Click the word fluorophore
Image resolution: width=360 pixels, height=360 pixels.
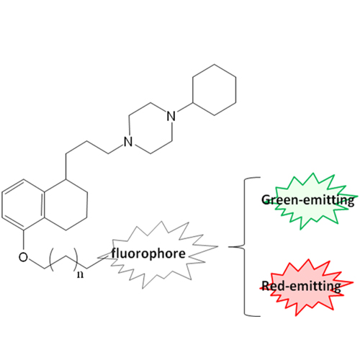point(148,253)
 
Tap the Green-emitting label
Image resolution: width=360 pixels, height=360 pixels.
point(308,200)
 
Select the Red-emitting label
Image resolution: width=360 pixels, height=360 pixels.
point(301,286)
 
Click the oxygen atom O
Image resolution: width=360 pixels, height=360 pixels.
point(23,257)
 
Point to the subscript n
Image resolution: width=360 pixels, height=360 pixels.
point(81,274)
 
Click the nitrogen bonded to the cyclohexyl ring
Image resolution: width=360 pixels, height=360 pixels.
point(171,116)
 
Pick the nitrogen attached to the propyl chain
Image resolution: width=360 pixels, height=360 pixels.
point(128,142)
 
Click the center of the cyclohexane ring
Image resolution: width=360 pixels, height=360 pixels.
point(215,90)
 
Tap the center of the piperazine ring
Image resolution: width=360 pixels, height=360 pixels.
point(150,129)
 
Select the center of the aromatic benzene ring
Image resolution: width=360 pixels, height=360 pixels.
point(23,204)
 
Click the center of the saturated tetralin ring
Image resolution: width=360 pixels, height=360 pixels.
point(66,204)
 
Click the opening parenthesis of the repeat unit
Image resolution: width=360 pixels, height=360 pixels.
point(51,261)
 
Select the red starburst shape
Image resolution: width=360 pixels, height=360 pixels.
point(307,287)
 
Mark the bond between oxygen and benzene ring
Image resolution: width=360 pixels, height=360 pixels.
point(23,240)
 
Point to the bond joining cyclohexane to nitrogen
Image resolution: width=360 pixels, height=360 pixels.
point(185,108)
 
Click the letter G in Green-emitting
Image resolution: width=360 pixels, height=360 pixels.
point(266,199)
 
